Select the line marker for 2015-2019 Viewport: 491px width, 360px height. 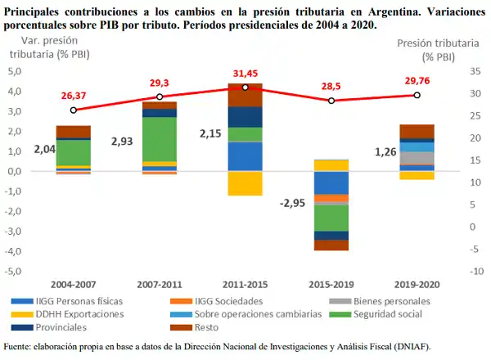331,101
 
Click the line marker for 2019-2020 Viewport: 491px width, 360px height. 417,95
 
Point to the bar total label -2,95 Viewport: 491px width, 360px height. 292,203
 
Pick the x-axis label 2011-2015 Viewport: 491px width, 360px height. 245,285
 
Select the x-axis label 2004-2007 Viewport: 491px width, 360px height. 73,285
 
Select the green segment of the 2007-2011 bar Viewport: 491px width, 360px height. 159,139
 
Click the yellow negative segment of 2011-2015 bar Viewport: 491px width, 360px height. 245,183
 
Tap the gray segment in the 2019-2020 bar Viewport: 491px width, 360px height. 417,158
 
